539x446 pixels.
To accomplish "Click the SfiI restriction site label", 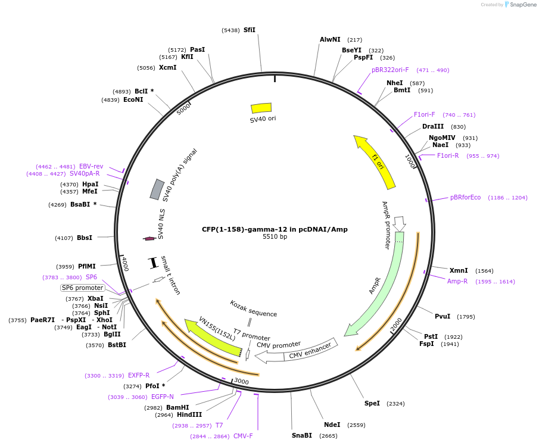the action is (x=249, y=30).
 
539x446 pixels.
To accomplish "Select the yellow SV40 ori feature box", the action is (x=261, y=108).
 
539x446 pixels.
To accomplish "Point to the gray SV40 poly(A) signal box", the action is (x=157, y=189).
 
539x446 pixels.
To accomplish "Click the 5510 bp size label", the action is (x=275, y=237).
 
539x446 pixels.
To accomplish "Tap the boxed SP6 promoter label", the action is (x=82, y=288).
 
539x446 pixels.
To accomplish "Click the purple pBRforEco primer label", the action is (x=465, y=198).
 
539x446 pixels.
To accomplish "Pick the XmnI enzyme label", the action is (x=459, y=270).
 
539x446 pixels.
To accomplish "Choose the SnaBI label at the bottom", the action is (x=302, y=436).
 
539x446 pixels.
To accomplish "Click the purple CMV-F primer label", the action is (x=243, y=436).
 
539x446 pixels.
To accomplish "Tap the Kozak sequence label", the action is (x=254, y=309).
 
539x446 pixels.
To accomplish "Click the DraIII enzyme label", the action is (x=432, y=127).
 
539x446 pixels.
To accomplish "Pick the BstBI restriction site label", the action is (x=114, y=345).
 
